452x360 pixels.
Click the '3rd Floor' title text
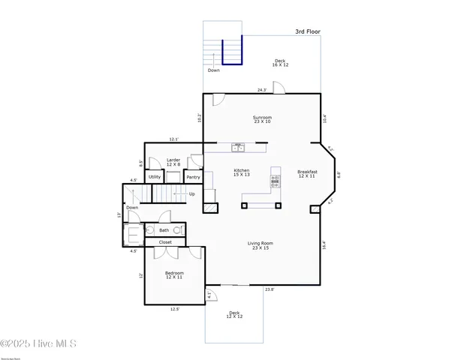point(308,33)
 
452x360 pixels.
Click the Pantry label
point(193,178)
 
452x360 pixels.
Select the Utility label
point(155,177)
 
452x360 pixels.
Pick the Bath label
point(164,230)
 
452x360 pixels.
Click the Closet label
point(165,242)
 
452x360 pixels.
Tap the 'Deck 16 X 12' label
point(280,63)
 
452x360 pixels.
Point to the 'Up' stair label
point(192,193)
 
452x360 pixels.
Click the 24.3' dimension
point(262,90)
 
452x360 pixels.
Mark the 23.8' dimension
point(269,289)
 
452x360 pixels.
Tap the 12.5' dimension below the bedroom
point(175,308)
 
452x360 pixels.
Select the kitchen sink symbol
point(237,148)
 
